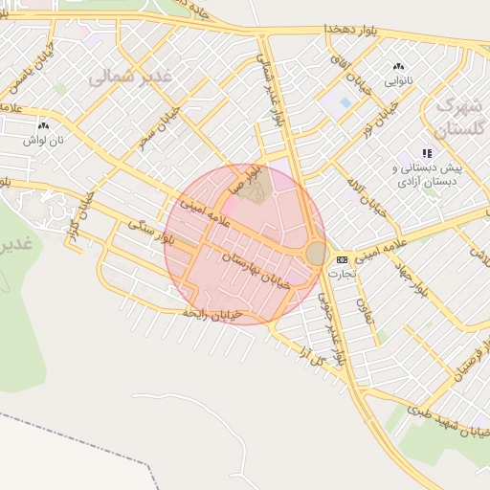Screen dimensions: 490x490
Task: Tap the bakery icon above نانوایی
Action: click(398, 67)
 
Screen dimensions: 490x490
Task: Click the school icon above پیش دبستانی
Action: click(427, 153)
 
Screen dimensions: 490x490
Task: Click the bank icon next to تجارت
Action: click(343, 259)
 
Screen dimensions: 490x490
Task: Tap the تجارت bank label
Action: click(342, 273)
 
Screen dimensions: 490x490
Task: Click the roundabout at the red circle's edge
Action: click(316, 253)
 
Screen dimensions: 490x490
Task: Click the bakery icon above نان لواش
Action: click(43, 125)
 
